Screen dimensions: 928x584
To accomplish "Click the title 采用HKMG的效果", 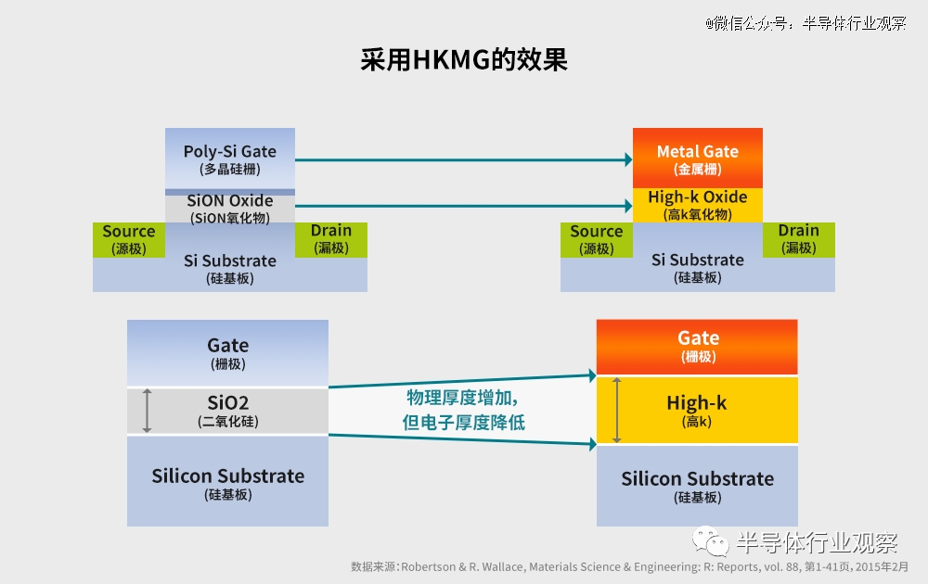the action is pyautogui.click(x=464, y=59).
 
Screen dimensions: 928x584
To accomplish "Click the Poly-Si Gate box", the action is pyautogui.click(x=229, y=159).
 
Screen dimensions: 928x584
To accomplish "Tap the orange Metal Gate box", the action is pyautogui.click(x=698, y=158).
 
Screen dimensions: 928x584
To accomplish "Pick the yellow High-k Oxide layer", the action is pyautogui.click(x=698, y=205).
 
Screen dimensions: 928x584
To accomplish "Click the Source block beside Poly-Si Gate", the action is pyautogui.click(x=129, y=239).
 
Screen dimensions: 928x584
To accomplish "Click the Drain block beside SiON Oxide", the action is pyautogui.click(x=331, y=239).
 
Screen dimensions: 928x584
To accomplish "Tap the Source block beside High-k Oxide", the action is pyautogui.click(x=597, y=239).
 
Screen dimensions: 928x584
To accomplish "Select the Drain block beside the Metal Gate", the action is pyautogui.click(x=799, y=239).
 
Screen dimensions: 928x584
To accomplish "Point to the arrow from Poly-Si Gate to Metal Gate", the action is pyautogui.click(x=464, y=159).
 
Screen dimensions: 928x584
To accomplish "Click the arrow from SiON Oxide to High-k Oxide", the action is pyautogui.click(x=464, y=206).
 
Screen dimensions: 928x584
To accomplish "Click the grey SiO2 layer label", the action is pyautogui.click(x=228, y=411).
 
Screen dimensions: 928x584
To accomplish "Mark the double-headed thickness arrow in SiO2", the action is pyautogui.click(x=147, y=411).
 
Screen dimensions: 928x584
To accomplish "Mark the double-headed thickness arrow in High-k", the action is pyautogui.click(x=617, y=411).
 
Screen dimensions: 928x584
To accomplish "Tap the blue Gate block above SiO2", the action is pyautogui.click(x=228, y=353).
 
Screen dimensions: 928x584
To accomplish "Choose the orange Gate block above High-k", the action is pyautogui.click(x=697, y=347).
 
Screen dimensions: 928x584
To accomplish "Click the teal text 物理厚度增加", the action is pyautogui.click(x=462, y=398).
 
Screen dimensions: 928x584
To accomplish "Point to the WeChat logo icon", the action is pyautogui.click(x=710, y=541).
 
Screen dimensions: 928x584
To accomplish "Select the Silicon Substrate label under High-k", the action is pyautogui.click(x=697, y=487).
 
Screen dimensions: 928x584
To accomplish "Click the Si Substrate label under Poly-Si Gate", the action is pyautogui.click(x=229, y=269).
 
